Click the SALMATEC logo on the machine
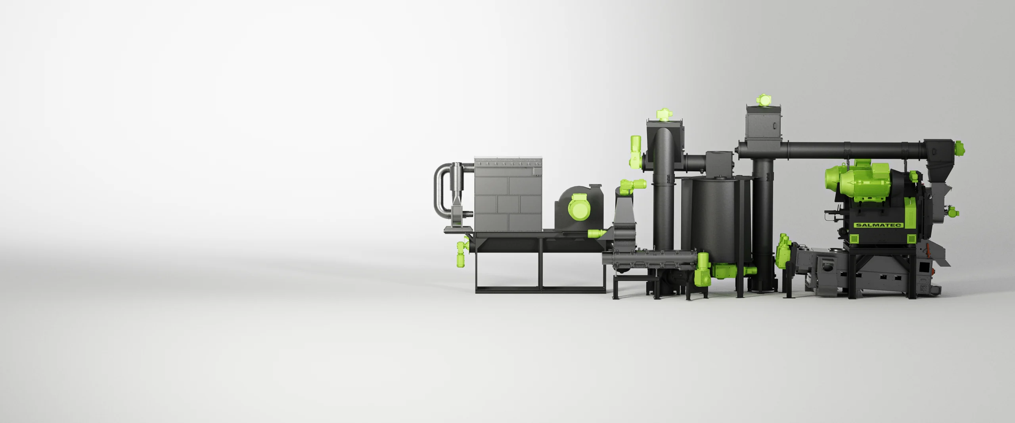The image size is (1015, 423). click(x=878, y=225)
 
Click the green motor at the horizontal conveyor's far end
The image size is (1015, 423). click(x=959, y=148)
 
